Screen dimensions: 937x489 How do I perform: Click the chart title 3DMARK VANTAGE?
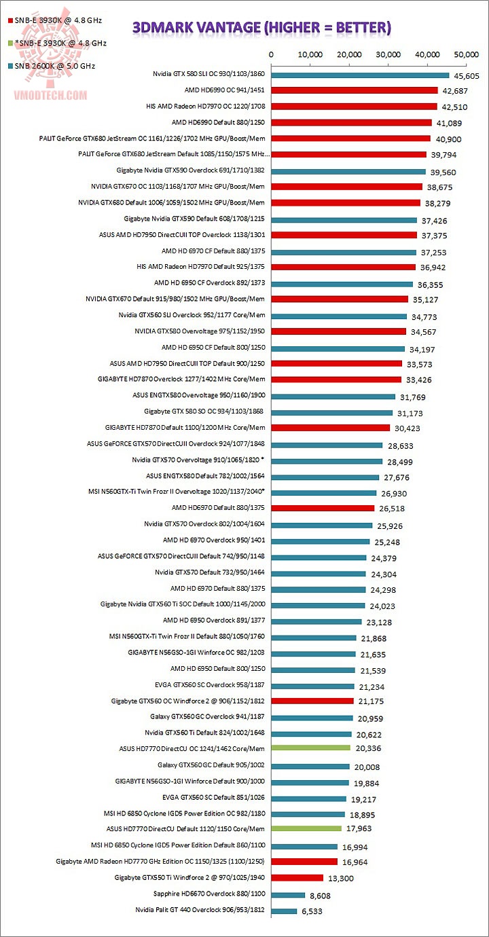(x=261, y=27)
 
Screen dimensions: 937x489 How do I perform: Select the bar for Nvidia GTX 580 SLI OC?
(x=360, y=75)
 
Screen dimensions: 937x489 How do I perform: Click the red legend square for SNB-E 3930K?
(x=10, y=20)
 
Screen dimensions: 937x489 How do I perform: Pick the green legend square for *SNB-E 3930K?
(x=10, y=43)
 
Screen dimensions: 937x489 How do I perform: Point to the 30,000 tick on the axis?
(x=388, y=54)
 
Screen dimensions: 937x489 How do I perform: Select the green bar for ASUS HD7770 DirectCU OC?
(x=310, y=748)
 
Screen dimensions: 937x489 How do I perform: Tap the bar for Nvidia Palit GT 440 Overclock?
(x=284, y=911)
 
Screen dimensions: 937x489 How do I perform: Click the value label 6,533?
(x=313, y=911)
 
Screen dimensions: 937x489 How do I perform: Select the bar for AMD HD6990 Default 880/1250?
(x=351, y=123)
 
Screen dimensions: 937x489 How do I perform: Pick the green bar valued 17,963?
(x=306, y=828)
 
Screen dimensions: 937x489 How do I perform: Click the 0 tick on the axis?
(x=271, y=54)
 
